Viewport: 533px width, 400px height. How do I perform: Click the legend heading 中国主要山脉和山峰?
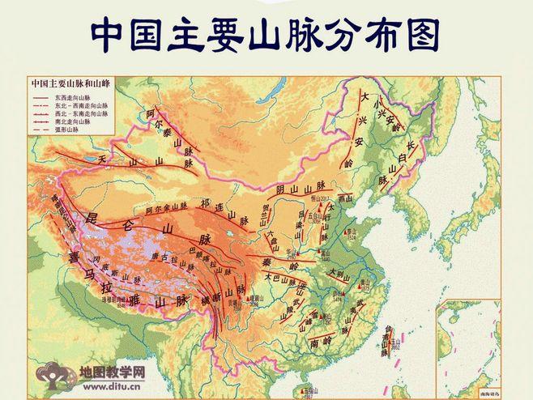pyautogui.click(x=68, y=83)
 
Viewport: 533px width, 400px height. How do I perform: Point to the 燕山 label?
pyautogui.click(x=346, y=198)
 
